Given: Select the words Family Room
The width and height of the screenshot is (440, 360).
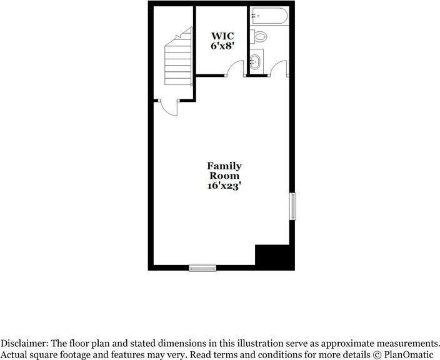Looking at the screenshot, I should pyautogui.click(x=224, y=171).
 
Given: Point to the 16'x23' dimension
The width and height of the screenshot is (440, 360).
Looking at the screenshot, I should pyautogui.click(x=224, y=186).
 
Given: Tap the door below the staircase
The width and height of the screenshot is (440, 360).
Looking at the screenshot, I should pyautogui.click(x=169, y=107).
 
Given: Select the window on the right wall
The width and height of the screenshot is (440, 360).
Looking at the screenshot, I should pyautogui.click(x=291, y=207).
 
